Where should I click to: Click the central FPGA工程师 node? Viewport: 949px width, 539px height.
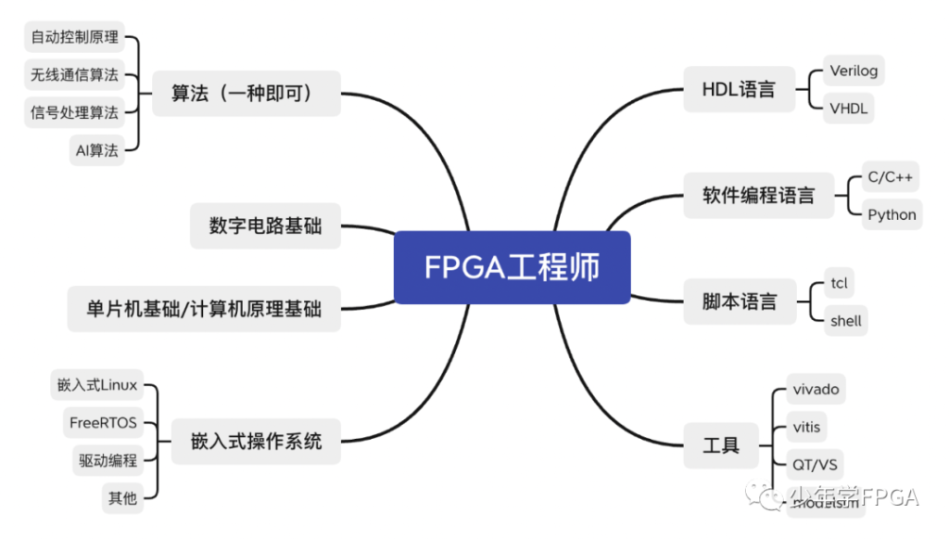[512, 267]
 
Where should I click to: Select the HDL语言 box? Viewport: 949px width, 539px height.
[739, 90]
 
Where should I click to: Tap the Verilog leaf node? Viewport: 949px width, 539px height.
[854, 71]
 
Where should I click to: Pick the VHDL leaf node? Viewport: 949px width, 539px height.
[849, 109]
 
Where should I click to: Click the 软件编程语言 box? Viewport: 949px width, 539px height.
[759, 196]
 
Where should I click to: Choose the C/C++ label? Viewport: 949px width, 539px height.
[890, 176]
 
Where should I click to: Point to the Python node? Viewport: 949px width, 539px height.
[892, 215]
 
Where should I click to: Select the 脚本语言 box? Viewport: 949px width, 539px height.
[740, 302]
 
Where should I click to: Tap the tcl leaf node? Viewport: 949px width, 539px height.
[840, 283]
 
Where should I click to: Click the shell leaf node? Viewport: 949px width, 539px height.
[845, 321]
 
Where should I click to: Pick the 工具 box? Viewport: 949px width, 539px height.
[721, 444]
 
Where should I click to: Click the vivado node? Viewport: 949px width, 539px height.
[816, 390]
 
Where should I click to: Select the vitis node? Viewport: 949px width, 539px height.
[806, 427]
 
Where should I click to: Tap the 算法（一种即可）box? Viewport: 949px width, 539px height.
[246, 93]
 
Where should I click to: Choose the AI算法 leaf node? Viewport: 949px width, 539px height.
[97, 151]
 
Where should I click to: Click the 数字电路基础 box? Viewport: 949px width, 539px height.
[265, 225]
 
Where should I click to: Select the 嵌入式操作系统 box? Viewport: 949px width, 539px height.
[256, 441]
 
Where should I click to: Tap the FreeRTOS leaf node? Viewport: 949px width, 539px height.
[103, 423]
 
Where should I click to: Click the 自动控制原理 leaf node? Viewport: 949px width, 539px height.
[74, 38]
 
